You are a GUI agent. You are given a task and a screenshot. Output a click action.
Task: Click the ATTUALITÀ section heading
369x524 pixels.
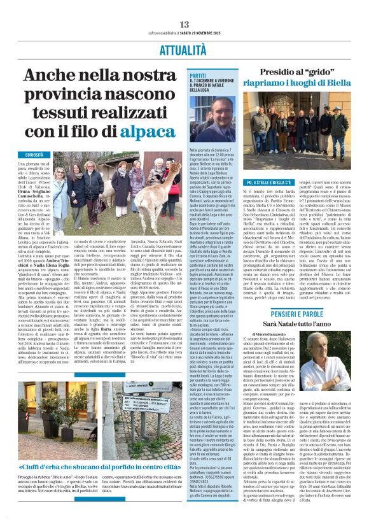(x=184, y=48)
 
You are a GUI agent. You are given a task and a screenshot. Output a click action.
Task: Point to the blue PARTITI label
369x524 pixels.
(x=198, y=74)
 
